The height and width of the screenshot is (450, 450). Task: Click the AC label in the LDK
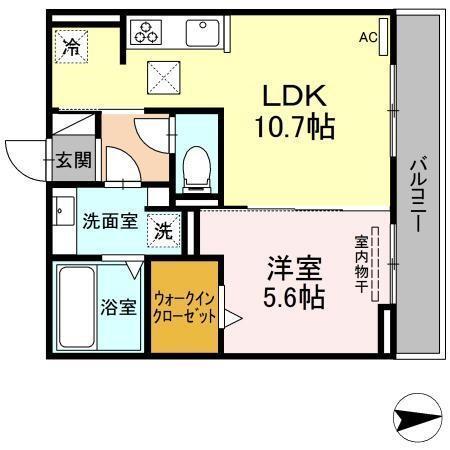coord(369,37)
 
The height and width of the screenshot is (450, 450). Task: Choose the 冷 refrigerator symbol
coord(71,45)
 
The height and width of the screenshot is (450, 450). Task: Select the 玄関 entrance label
coord(72,161)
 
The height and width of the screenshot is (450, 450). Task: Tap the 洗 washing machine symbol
coord(164,230)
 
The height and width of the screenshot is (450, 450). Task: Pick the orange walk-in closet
coord(184,305)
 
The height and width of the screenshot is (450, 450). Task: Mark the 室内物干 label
coord(360,265)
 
